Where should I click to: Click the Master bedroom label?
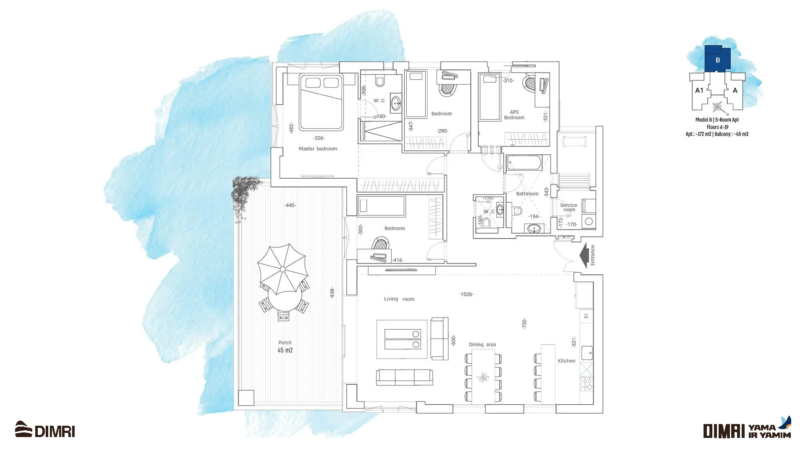tap(318, 149)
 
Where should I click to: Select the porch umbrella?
tap(283, 269)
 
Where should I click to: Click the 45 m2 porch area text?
tap(285, 350)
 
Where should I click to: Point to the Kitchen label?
tap(566, 361)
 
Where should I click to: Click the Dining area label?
tap(482, 344)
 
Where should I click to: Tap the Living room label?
tap(399, 299)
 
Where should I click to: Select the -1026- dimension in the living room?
tap(466, 294)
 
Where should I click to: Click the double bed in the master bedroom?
tap(321, 102)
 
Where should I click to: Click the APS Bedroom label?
tap(514, 115)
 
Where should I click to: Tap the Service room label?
tap(569, 207)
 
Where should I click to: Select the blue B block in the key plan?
tap(717, 59)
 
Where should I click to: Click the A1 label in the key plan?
tap(699, 90)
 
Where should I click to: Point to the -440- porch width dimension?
tap(290, 206)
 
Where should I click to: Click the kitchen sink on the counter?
tap(587, 353)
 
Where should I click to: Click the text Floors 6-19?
tap(717, 127)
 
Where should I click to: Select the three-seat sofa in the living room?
tap(405, 377)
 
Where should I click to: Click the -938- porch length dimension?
tap(332, 293)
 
